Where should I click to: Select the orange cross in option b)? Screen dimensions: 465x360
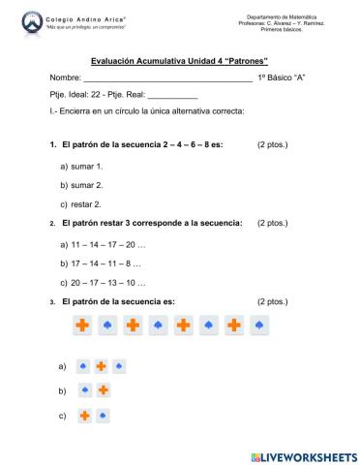(103, 391)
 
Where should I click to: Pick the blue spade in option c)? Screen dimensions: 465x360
(103, 416)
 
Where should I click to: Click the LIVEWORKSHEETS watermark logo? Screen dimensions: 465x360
(303, 455)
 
